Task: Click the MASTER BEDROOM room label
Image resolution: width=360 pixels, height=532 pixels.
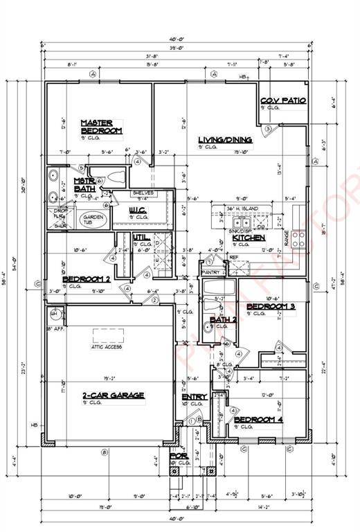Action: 101,126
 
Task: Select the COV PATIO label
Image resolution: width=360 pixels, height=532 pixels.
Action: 283,100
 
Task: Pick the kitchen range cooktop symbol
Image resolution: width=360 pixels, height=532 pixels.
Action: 298,239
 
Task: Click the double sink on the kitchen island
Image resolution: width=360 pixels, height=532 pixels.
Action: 242,223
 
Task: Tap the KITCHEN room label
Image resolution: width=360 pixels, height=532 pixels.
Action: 249,238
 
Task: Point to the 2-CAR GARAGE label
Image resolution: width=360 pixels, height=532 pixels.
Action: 114,396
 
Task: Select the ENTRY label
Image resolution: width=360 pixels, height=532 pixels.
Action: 194,396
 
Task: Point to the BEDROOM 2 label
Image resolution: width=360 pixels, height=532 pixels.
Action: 87,279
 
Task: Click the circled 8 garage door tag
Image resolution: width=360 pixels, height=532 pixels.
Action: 105,452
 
